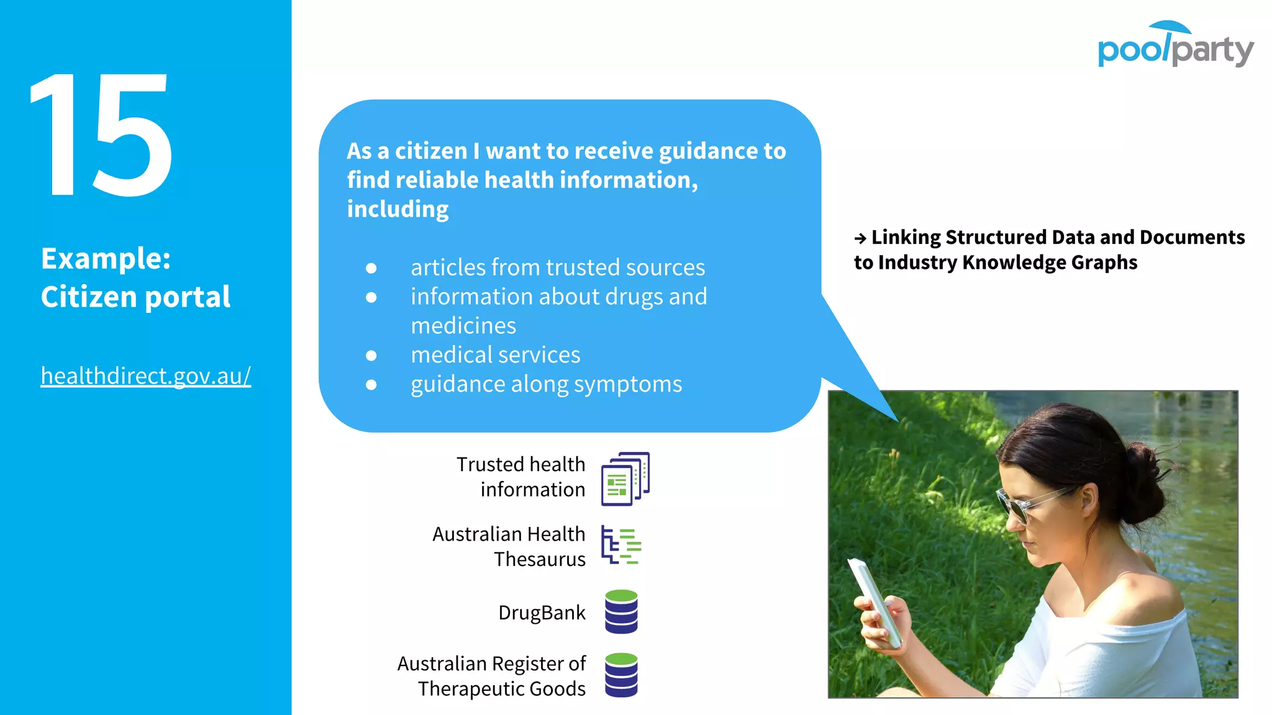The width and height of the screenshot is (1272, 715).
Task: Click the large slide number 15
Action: point(101,135)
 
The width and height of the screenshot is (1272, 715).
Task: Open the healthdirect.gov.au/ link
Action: point(146,376)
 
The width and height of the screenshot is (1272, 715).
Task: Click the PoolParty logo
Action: point(1175,45)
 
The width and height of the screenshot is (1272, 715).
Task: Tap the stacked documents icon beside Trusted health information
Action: point(625,479)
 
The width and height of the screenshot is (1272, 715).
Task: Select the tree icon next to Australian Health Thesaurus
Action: point(621,546)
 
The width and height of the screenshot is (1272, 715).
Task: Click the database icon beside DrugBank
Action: point(621,612)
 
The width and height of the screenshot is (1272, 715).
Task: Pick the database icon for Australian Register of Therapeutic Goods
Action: point(621,675)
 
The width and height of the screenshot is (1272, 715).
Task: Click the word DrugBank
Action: point(542,613)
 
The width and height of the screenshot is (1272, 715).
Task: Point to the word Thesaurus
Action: point(540,559)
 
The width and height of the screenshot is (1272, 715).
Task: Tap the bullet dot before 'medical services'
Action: point(371,356)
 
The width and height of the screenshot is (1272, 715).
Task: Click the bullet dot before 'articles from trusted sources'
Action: point(371,268)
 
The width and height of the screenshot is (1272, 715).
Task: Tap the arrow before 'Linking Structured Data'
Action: point(860,238)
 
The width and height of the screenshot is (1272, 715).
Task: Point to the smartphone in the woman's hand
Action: point(876,602)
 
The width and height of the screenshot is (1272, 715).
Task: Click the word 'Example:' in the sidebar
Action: point(106,259)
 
